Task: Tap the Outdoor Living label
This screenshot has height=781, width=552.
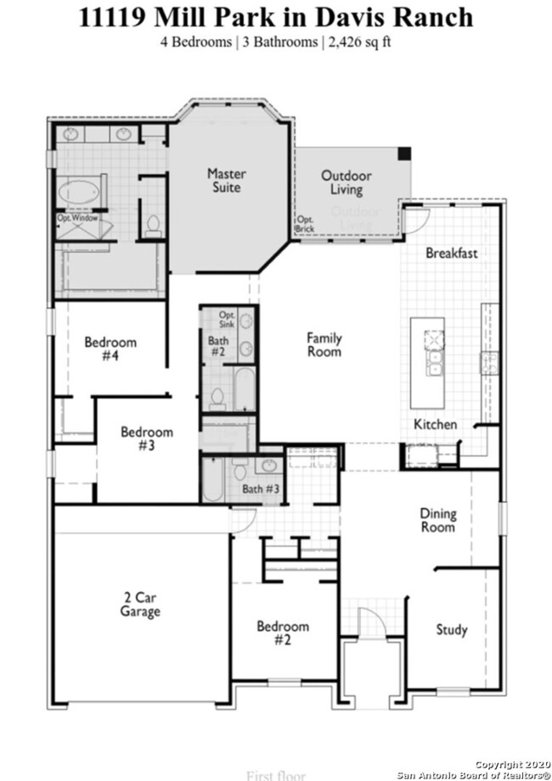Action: click(x=346, y=182)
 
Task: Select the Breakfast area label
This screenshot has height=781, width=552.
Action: click(x=452, y=253)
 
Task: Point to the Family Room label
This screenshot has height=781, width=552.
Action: click(x=324, y=344)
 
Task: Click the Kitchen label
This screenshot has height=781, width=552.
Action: click(x=435, y=424)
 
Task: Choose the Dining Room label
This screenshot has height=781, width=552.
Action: click(x=437, y=520)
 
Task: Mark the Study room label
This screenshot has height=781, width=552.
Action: click(x=452, y=629)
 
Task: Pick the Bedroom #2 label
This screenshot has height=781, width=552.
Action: click(x=284, y=633)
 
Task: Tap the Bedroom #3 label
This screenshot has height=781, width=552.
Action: click(x=146, y=438)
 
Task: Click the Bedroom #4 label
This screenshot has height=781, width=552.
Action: click(x=110, y=349)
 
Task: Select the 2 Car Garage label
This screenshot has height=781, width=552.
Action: click(x=139, y=604)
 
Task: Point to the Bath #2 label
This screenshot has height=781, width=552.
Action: click(x=217, y=346)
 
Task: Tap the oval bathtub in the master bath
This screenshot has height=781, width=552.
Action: click(x=78, y=192)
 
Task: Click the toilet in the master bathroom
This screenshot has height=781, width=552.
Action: click(x=154, y=225)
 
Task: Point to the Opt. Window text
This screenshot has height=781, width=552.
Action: click(x=78, y=218)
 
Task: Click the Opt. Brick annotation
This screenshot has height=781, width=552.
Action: click(x=304, y=224)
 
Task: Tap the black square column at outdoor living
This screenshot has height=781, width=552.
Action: click(x=405, y=153)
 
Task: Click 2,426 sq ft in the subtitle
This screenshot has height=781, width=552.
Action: click(x=358, y=41)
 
